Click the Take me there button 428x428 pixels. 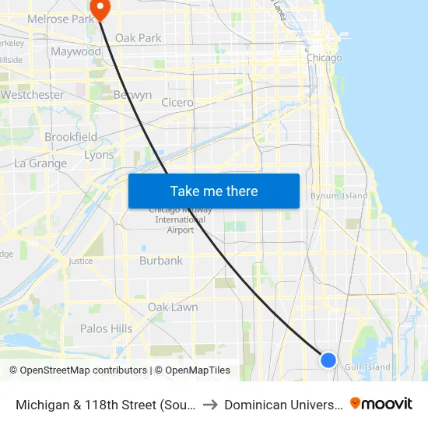pos(214,191)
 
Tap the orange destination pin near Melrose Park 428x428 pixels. pos(100,8)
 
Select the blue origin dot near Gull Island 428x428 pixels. pos(328,360)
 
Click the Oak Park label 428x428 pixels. pos(138,37)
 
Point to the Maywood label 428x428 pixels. pos(75,52)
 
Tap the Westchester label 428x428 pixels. pos(32,95)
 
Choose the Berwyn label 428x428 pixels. pos(132,95)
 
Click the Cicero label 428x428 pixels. pos(177,103)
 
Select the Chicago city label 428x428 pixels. pos(324,58)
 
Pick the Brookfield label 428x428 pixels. pos(71,137)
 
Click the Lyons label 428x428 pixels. pos(99,155)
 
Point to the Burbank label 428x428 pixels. pos(161,261)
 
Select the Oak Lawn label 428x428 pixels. pos(173,307)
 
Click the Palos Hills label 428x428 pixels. pos(106,328)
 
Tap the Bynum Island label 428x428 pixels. pos(339,196)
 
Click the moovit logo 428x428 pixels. pos(381,404)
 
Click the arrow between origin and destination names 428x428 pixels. pos(211,405)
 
